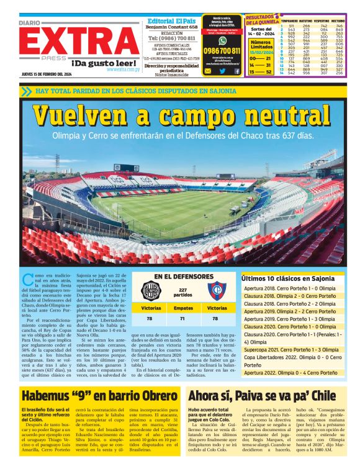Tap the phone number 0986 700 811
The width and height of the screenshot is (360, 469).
pos(222,51)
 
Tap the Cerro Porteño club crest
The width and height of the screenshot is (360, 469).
pos(217,290)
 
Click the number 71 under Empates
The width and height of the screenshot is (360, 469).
pos(183,318)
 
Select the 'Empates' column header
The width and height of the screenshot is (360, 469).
pos(183,307)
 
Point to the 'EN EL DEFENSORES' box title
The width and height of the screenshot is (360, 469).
pos(182,276)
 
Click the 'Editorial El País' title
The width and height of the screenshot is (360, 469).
pos(173,20)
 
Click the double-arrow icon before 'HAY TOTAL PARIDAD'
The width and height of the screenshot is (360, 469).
pos(25,91)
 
